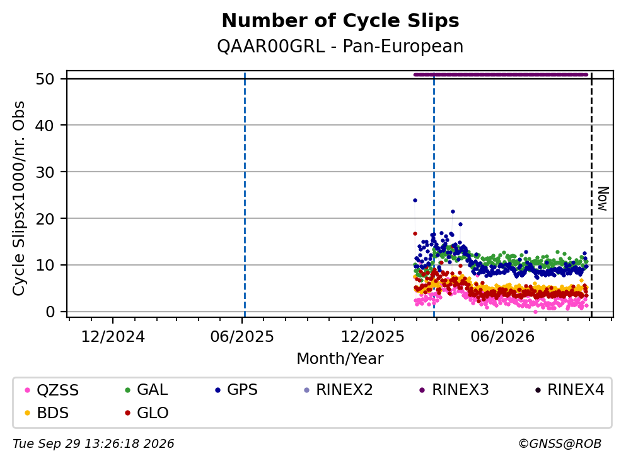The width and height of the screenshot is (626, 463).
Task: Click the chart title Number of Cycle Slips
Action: click(340, 21)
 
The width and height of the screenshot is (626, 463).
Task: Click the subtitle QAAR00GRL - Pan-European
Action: click(340, 46)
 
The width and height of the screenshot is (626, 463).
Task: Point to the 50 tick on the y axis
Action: click(45, 79)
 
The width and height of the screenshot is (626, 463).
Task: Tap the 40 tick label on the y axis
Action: click(45, 126)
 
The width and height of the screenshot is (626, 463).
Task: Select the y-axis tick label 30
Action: click(45, 172)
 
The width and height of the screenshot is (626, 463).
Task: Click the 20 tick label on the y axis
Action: click(45, 218)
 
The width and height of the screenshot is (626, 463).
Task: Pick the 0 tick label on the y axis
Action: click(50, 312)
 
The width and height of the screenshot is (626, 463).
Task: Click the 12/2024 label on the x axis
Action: click(113, 337)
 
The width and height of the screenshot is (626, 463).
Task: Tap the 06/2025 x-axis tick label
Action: click(242, 337)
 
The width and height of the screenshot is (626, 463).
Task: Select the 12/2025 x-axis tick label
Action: click(373, 337)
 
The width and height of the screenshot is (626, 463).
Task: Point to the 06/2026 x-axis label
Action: click(502, 337)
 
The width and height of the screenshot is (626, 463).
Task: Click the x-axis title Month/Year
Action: click(340, 359)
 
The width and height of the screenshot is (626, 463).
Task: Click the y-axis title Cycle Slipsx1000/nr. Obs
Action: click(19, 199)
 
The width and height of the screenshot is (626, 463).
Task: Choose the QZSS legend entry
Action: click(52, 390)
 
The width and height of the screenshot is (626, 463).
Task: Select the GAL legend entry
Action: click(146, 389)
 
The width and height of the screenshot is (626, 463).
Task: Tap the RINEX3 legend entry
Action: click(455, 389)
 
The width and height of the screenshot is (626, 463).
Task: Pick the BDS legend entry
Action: click(47, 413)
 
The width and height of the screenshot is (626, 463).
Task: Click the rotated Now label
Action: click(603, 199)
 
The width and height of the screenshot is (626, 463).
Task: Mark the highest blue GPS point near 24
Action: click(415, 200)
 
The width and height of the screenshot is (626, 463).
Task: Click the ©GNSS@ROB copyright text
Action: click(560, 443)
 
